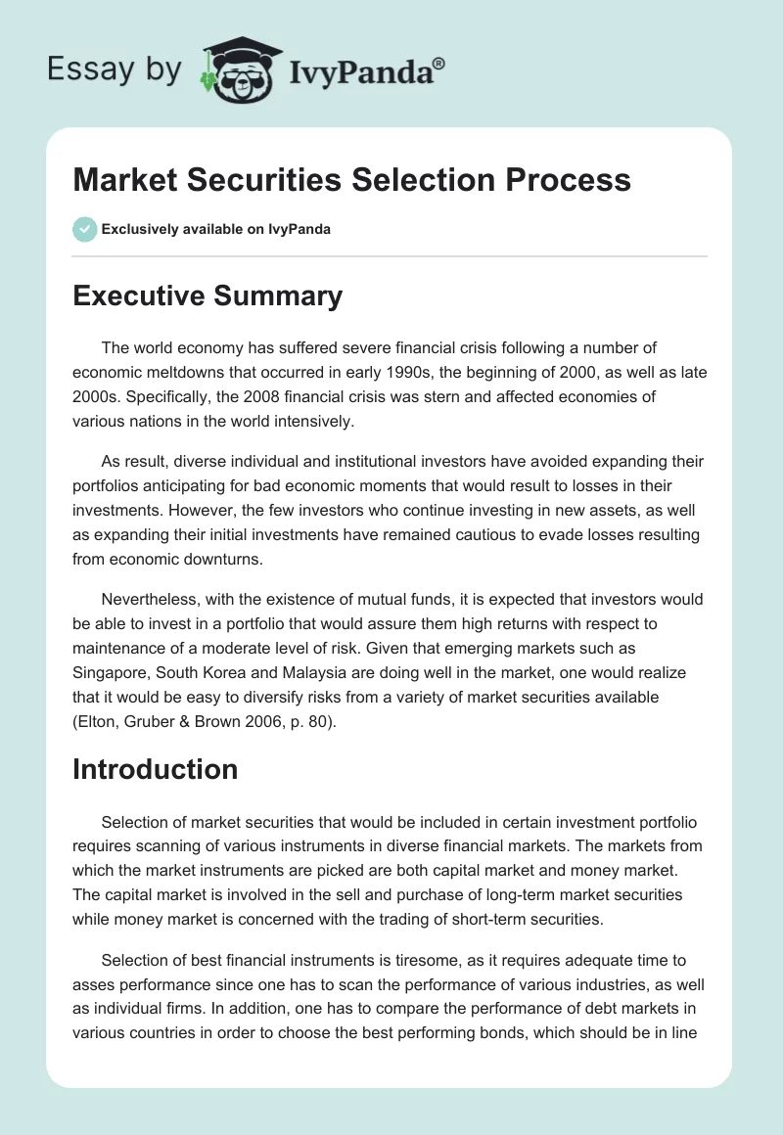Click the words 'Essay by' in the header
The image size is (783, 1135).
tap(115, 69)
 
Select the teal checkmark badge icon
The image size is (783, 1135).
tap(84, 229)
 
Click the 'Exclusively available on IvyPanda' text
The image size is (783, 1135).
tap(215, 230)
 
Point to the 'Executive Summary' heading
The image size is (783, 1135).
tap(207, 295)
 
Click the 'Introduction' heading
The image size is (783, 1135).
tap(155, 769)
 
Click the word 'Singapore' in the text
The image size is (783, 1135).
tap(108, 675)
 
